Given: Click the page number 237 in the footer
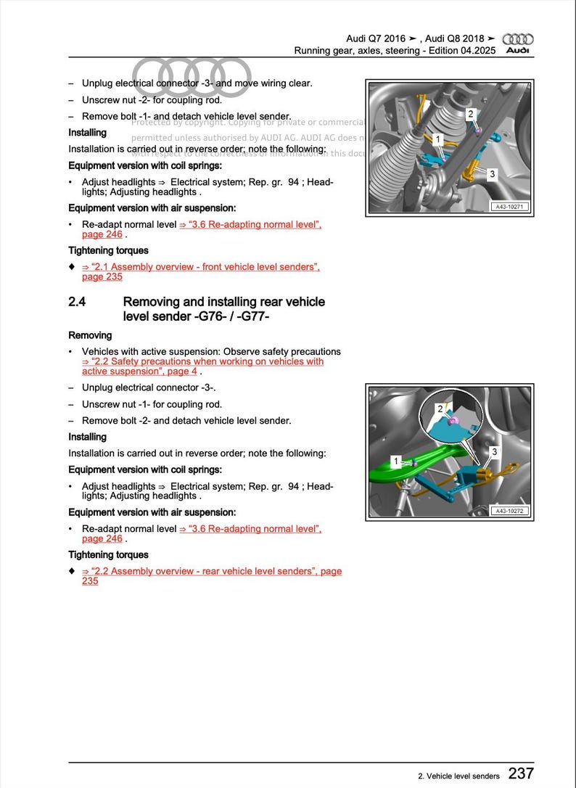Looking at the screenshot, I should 521,773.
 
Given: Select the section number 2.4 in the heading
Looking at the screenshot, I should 78,302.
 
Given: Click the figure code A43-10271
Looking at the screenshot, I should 509,207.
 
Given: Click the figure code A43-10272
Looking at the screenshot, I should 509,511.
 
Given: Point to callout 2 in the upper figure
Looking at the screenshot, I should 470,114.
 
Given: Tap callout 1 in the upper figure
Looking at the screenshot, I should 437,139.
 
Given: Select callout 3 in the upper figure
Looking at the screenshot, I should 492,174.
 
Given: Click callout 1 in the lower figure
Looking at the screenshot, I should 395,461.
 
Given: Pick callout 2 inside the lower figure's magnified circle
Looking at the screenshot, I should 440,409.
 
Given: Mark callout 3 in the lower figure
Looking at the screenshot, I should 494,452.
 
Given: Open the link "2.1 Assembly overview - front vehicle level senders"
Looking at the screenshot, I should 200,267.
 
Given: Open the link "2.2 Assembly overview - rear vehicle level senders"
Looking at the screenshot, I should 210,571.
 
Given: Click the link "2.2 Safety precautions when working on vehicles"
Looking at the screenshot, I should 203,361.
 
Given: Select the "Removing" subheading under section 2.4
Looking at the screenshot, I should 90,335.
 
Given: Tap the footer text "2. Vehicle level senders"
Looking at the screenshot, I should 458,776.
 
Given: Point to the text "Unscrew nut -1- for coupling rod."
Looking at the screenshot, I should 152,404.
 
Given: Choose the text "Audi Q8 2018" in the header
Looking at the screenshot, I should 455,38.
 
